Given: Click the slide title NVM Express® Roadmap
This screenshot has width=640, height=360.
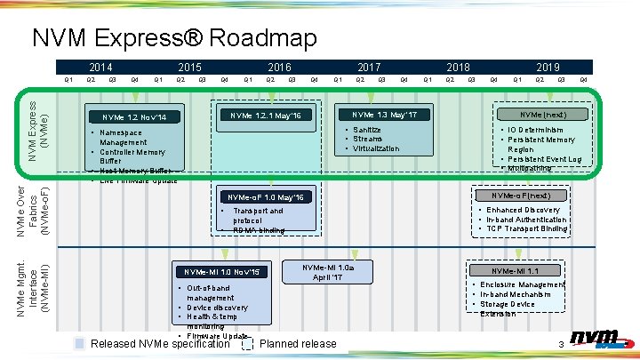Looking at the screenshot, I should [174, 38].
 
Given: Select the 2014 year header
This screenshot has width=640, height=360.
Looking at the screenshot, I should [101, 67].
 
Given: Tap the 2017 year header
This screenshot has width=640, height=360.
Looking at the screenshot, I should [370, 67].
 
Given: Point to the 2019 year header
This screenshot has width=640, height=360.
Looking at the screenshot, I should [548, 67].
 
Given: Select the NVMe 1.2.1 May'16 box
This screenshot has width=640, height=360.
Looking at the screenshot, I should [266, 116].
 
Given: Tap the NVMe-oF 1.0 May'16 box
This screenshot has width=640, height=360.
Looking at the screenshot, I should [266, 197].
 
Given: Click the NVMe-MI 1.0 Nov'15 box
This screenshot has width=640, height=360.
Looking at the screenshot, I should [221, 271].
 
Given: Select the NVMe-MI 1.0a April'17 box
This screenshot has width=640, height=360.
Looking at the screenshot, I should [328, 272].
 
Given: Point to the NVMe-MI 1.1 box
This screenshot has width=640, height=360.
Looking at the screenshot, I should [515, 271].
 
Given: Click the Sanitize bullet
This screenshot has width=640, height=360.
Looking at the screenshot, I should [367, 130].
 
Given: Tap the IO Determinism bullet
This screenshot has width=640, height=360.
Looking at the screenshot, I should [541, 130].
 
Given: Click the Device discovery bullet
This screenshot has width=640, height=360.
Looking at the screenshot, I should [218, 308].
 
